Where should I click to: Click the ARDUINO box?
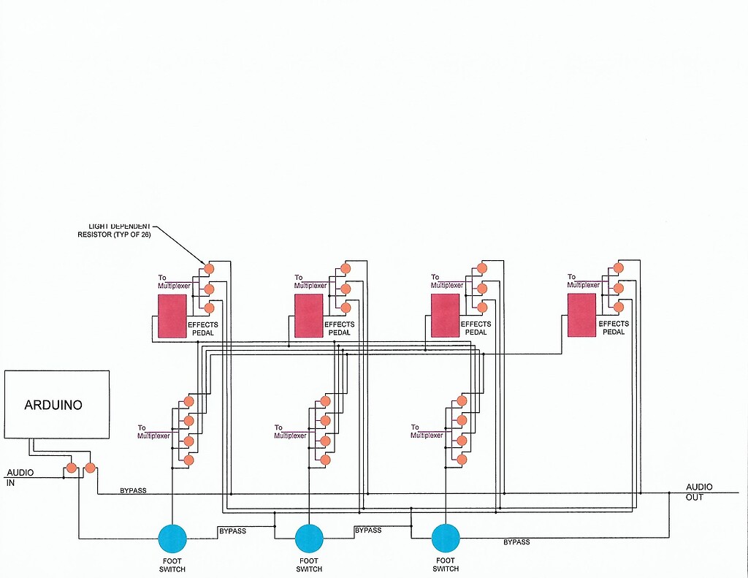[x=57, y=405]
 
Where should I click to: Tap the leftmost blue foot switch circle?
[x=172, y=539]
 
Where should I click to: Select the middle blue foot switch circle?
[x=309, y=539]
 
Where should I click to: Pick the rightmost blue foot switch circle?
[x=445, y=539]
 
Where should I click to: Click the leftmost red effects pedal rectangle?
[x=172, y=316]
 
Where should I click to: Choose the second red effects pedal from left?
[x=308, y=316]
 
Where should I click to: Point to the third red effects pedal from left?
[x=445, y=316]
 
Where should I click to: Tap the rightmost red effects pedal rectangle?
[x=581, y=315]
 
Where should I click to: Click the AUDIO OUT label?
[x=699, y=492]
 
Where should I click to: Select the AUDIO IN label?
[x=20, y=478]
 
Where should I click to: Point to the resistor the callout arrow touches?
[x=209, y=269]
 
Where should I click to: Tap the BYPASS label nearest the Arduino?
[x=132, y=490]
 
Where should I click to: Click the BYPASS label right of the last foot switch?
[x=516, y=542]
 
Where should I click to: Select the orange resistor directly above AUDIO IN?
[x=72, y=468]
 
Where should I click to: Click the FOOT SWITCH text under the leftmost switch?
[x=172, y=565]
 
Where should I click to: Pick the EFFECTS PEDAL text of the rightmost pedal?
[x=613, y=328]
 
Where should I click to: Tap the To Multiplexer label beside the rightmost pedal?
[x=583, y=281]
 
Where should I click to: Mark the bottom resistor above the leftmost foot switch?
[x=188, y=460]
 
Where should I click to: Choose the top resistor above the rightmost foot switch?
[x=462, y=401]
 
